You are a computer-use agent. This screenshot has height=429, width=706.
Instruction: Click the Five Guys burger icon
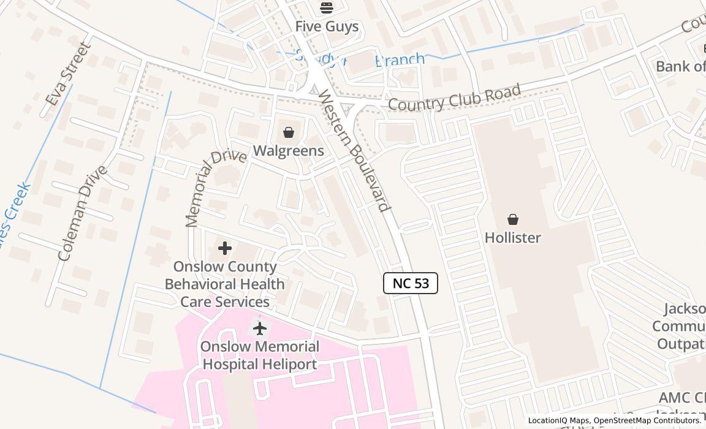click(326, 8)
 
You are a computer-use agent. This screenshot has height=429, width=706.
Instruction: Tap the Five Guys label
click(327, 26)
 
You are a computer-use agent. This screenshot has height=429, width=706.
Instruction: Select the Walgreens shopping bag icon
click(288, 132)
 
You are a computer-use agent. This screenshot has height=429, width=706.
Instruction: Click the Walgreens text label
click(288, 151)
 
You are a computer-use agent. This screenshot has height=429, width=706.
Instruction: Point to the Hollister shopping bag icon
click(512, 219)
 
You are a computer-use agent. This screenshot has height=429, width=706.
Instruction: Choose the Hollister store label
click(512, 238)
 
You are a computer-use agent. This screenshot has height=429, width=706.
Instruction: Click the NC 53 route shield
click(411, 283)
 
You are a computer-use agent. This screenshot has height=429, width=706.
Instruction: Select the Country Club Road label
click(455, 98)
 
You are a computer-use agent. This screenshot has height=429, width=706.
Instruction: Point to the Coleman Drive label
click(83, 213)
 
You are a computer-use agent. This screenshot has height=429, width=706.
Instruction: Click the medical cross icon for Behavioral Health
click(225, 248)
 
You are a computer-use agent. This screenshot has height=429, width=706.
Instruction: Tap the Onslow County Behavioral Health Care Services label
click(225, 284)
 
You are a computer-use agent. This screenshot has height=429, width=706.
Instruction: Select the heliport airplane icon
click(260, 328)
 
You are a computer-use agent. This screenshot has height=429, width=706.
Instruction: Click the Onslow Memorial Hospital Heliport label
click(260, 355)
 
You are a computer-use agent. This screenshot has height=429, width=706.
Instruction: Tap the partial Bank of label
click(680, 66)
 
